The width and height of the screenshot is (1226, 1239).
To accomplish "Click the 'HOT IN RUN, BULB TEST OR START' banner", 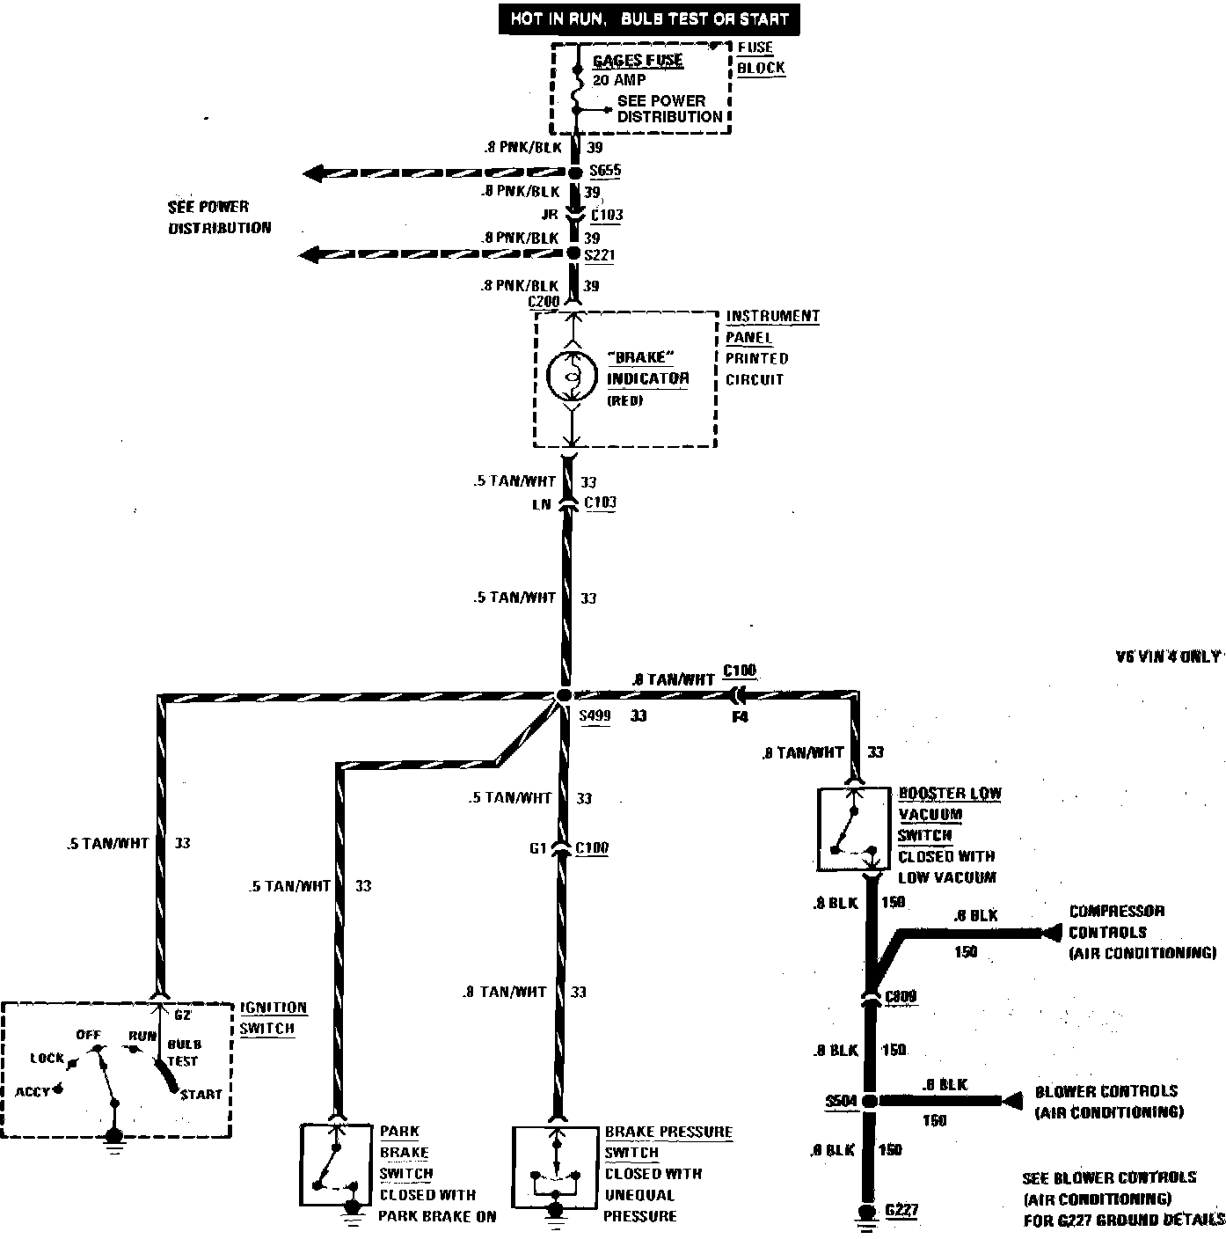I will (650, 18).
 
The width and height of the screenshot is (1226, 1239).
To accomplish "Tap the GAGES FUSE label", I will (638, 61).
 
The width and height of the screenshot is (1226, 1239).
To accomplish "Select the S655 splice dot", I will (574, 172).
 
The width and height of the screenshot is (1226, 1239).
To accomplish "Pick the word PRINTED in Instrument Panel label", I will (756, 358).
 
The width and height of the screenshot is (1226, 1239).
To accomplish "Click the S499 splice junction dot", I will (565, 695).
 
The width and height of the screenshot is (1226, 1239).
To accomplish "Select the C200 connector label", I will (544, 302).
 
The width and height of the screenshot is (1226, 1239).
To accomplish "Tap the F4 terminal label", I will (740, 717).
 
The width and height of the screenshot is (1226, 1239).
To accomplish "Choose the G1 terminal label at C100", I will (538, 849).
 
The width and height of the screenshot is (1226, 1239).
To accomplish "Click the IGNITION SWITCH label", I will (274, 1018).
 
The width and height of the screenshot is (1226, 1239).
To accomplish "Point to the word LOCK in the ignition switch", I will (47, 1058).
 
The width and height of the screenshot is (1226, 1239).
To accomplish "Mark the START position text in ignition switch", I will (201, 1094).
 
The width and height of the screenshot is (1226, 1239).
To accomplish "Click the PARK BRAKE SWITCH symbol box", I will (336, 1164).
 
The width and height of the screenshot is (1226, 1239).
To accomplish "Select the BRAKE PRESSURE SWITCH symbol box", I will (554, 1164).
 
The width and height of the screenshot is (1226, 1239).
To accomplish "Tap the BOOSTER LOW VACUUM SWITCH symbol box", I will (853, 830).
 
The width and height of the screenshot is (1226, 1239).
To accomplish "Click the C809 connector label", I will (901, 997).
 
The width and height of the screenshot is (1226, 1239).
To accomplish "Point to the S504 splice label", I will (840, 1100).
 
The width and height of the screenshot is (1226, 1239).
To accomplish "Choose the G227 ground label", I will (901, 1210).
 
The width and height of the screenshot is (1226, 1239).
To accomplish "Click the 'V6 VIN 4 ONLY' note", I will (1167, 656).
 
